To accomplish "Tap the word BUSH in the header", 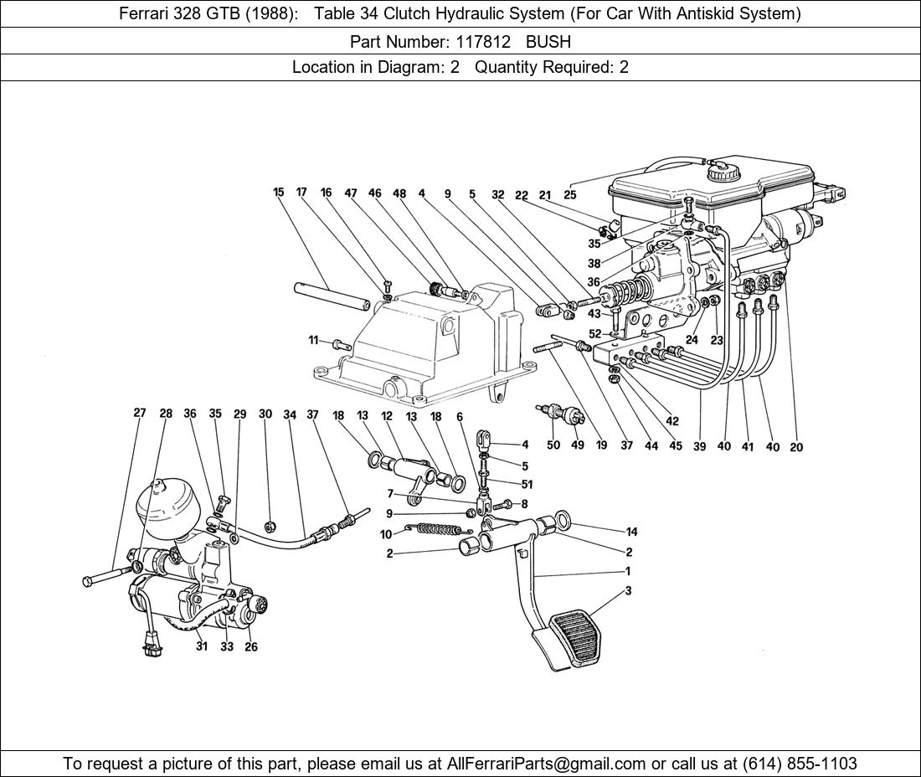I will (548, 40).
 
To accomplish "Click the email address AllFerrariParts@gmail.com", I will (547, 764).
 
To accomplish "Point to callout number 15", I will (279, 193).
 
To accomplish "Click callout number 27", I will (140, 413).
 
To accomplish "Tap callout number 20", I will (796, 447).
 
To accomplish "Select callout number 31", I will (202, 646).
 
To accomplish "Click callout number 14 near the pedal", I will (631, 532).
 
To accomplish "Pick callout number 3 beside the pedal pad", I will (628, 591).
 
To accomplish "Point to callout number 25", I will (570, 195).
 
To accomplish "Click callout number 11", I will (313, 340).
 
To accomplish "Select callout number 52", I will (595, 334).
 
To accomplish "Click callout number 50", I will (553, 445).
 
